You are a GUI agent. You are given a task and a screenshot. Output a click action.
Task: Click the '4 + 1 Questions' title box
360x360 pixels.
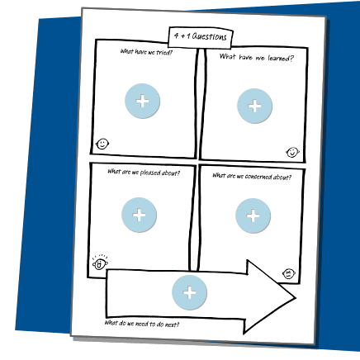201,37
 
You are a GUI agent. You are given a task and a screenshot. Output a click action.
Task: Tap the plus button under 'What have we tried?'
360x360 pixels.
142,101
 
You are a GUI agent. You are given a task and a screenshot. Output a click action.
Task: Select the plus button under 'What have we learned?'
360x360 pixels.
254,106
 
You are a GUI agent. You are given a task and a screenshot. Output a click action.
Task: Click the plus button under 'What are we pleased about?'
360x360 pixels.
139,215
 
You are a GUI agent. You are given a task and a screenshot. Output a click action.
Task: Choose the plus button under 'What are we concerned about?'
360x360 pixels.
253,216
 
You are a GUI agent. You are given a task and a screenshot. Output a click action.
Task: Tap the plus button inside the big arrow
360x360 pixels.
189,292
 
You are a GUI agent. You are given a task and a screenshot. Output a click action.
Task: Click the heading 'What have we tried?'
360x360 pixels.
146,52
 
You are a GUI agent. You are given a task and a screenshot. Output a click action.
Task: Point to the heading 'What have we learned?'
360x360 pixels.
257,58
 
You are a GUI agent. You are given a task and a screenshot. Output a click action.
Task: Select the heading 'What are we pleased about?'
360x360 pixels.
144,173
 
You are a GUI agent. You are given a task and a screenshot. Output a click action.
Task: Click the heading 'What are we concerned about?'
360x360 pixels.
252,177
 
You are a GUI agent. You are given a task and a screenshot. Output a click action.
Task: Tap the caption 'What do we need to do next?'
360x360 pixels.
142,324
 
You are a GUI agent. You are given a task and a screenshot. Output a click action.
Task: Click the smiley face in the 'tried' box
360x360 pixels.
102,144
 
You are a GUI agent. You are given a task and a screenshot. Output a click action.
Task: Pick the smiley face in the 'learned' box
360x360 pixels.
292,152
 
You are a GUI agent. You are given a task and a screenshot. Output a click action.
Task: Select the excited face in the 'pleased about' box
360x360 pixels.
100,263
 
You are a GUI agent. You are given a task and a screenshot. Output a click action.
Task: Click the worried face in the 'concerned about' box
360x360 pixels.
289,273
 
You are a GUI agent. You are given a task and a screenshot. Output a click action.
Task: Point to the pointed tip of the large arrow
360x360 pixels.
296,297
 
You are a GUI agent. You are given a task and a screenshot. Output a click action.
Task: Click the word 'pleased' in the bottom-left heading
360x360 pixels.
150,173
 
